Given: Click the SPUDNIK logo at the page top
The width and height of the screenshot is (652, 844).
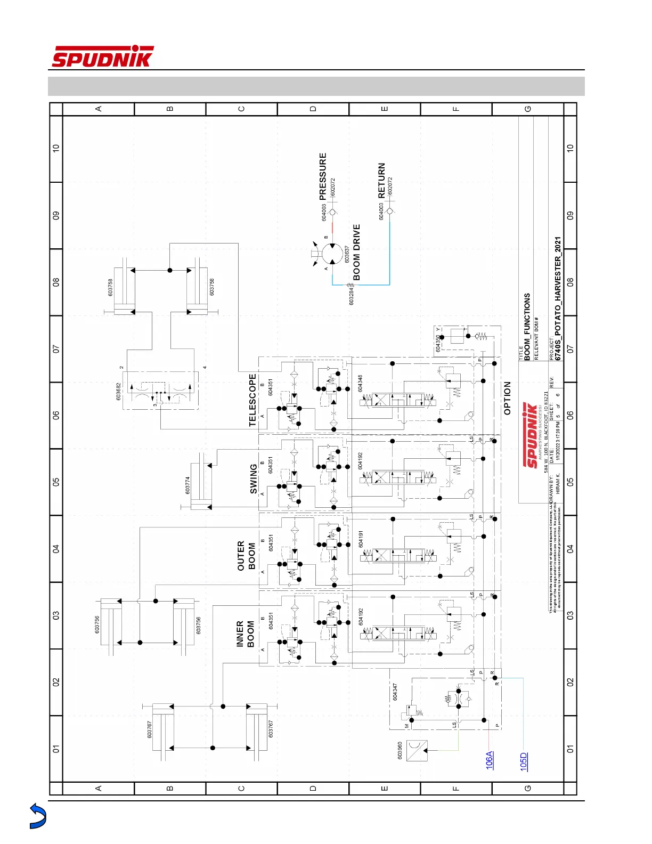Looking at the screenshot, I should point(102,56).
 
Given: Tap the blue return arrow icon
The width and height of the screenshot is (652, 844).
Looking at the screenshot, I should point(38,816).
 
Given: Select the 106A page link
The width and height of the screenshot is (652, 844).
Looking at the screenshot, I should point(490,759).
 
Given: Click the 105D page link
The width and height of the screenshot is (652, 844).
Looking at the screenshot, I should point(524,761).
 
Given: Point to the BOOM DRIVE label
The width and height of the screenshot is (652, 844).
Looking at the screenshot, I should point(357,252).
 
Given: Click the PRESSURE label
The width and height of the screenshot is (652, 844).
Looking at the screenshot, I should point(323,176).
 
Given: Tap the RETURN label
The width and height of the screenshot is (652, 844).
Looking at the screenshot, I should point(381,181).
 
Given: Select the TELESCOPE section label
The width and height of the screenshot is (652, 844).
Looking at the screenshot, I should point(252,400).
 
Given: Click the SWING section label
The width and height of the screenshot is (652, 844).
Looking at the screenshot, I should point(254,478).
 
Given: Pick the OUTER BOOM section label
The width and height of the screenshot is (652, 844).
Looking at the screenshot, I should point(246,556).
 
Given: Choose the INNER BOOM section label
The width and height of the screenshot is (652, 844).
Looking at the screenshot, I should point(245,634).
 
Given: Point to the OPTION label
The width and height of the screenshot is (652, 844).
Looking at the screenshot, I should point(507,398).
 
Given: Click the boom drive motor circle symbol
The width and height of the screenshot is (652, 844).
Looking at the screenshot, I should point(332,254).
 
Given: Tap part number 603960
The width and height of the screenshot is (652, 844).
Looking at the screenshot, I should point(400,750).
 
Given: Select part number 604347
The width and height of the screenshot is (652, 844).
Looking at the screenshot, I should point(395,692).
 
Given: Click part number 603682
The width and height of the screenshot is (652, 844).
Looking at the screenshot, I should point(119,392).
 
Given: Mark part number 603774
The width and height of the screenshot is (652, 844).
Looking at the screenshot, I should point(188,485).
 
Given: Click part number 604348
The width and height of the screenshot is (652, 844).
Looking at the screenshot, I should point(361,383).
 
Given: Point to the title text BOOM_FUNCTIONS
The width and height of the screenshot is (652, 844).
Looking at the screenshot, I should point(527,327).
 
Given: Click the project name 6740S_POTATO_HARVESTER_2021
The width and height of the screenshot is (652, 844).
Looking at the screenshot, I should point(558,298).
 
